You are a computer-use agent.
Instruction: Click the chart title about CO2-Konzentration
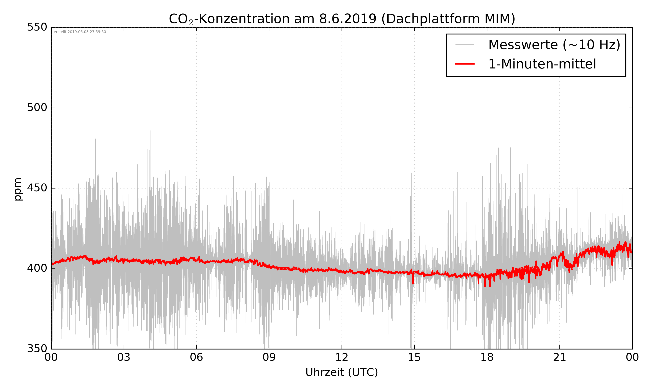click(x=342, y=19)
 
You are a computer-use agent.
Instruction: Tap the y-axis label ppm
click(x=18, y=189)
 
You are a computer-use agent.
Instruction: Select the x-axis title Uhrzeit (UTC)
click(x=342, y=372)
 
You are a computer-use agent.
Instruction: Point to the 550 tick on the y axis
click(x=37, y=27)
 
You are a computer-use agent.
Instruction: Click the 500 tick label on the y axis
click(x=37, y=107)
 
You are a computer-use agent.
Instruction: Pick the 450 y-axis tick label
click(x=37, y=188)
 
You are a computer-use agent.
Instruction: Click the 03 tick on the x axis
click(x=124, y=357)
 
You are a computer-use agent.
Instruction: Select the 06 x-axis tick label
click(x=196, y=357)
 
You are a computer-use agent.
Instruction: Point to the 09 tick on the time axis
click(x=269, y=357)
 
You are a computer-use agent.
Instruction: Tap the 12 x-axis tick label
click(x=342, y=357)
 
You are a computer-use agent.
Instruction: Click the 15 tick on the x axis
click(x=414, y=357)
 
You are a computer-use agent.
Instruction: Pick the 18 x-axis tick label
click(x=487, y=357)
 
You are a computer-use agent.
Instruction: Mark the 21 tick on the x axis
click(x=559, y=357)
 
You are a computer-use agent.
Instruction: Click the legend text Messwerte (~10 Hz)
click(x=554, y=45)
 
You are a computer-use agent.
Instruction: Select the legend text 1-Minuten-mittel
click(x=542, y=64)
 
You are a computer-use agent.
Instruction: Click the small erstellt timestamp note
click(x=80, y=32)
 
